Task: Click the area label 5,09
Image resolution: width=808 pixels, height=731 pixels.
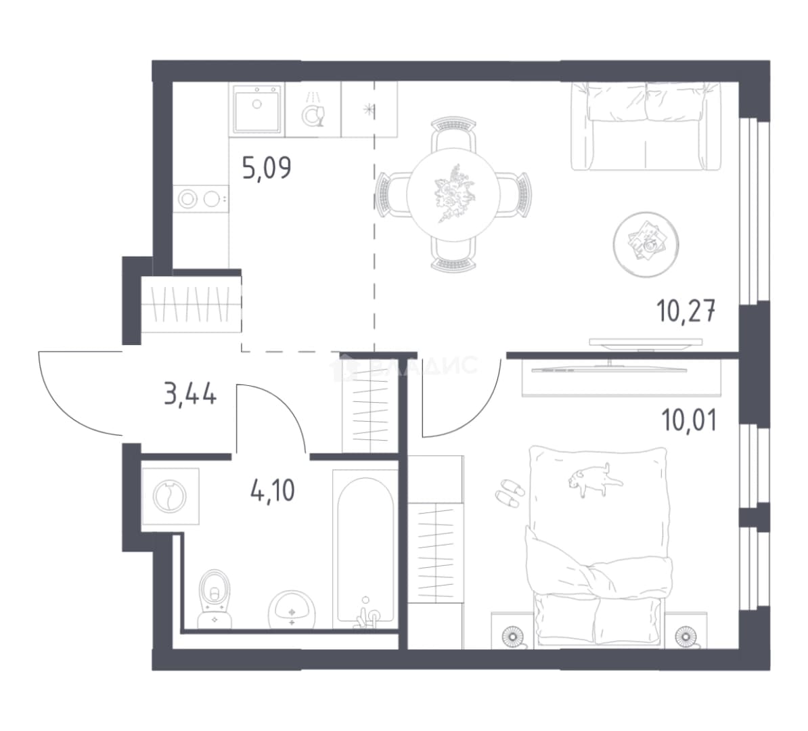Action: (267, 168)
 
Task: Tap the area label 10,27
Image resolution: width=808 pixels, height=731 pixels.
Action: (686, 311)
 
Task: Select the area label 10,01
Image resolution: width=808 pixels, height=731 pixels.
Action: (689, 420)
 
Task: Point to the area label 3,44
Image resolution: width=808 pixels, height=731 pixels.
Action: (190, 395)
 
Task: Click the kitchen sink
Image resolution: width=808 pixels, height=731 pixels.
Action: (256, 109)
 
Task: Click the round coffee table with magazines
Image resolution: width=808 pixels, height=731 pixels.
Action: (646, 244)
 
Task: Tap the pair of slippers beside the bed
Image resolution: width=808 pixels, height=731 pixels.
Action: (510, 491)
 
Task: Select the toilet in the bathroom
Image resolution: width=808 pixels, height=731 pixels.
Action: (215, 598)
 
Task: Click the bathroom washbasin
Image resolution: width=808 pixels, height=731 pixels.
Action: (292, 611)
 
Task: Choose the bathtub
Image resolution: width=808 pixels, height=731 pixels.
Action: (365, 549)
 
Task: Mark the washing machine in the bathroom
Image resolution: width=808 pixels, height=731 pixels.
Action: (170, 496)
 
